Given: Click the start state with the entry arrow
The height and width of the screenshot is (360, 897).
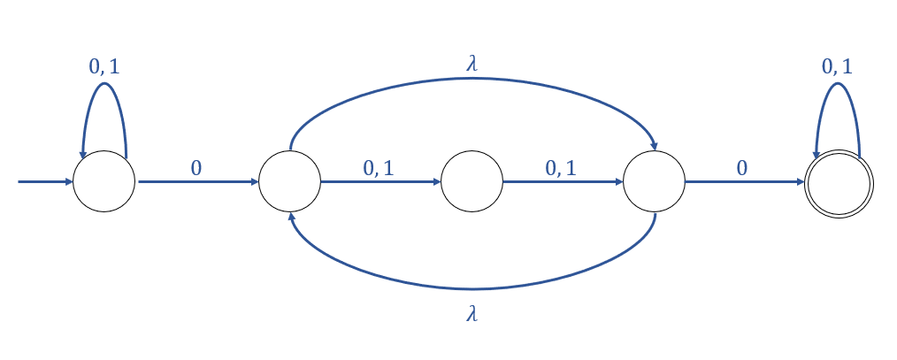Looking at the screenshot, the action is coord(103,181).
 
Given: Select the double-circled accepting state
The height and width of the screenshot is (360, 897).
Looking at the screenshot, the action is coord(839,182).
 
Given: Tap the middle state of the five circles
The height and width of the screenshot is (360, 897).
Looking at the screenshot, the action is coord(471,181).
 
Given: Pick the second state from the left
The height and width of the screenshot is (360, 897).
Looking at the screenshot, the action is coord(289,181).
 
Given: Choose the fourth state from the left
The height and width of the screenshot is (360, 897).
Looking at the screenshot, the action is coord(654,181).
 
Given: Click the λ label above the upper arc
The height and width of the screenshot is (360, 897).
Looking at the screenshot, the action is coord(471,62).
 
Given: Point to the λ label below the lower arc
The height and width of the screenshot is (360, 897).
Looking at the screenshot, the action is coord(471,314).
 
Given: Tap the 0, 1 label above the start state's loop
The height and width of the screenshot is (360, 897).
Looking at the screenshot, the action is coord(104,66).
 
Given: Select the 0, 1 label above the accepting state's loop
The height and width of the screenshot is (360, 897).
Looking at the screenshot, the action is coord(837,66).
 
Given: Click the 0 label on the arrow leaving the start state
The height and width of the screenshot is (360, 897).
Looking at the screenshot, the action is coord(195,168).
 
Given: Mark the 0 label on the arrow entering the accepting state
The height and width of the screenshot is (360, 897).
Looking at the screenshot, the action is coord(741,168).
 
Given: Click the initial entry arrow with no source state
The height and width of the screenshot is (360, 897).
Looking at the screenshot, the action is coord(44,182).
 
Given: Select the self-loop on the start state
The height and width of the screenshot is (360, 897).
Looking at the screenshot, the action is coord(104,85).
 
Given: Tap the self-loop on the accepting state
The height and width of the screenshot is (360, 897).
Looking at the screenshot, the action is coord(837,85).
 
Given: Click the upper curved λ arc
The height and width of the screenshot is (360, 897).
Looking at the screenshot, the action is coord(471,78).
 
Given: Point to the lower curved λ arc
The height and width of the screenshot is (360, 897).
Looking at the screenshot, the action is coord(471,288).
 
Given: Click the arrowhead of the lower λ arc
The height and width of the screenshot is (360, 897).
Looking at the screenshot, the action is coord(290,218).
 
